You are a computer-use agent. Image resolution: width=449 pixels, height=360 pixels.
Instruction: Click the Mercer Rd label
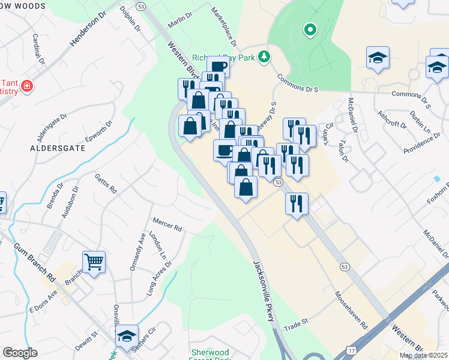click(167, 227)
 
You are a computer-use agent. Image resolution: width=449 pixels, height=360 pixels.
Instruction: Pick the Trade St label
click(295, 322)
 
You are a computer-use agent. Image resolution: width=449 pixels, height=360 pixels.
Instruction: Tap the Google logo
click(20, 353)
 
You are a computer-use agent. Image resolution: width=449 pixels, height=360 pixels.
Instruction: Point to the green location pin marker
click(310, 29)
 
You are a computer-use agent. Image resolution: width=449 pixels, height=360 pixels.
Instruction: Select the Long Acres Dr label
click(159, 278)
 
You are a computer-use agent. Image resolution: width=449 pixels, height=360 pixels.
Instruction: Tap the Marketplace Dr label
click(224, 27)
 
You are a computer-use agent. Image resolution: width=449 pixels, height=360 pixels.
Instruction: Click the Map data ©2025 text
click(423, 355)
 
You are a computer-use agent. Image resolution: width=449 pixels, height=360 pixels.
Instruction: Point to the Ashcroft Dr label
click(391, 119)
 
